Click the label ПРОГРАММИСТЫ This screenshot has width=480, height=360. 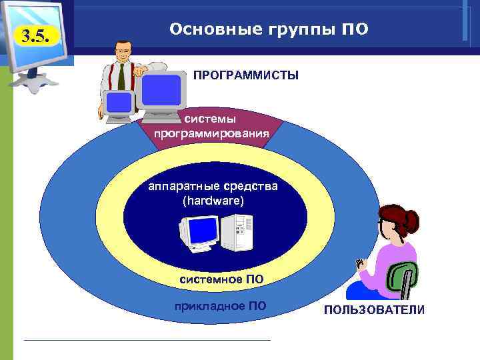246,76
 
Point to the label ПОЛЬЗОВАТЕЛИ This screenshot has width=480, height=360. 374,311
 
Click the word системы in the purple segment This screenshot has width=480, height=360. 210,119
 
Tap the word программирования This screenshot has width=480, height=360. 211,133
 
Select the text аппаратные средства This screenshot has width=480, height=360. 213,186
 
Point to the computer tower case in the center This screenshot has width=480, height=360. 237,234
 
